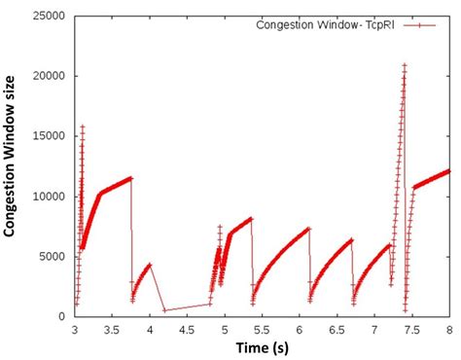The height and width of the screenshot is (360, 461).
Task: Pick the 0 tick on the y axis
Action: point(65,316)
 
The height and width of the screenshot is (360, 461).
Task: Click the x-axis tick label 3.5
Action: point(112,331)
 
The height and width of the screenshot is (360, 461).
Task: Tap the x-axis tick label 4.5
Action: point(187,331)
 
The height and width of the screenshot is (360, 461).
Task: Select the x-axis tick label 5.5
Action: point(263,331)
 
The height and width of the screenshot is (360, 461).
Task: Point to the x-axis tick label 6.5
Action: point(337,331)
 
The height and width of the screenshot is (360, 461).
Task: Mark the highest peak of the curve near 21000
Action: point(405,65)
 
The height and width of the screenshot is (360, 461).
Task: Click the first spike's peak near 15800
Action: point(83,126)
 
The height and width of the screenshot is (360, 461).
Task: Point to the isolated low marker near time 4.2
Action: point(165,310)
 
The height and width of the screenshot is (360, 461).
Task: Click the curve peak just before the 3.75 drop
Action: point(130,178)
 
